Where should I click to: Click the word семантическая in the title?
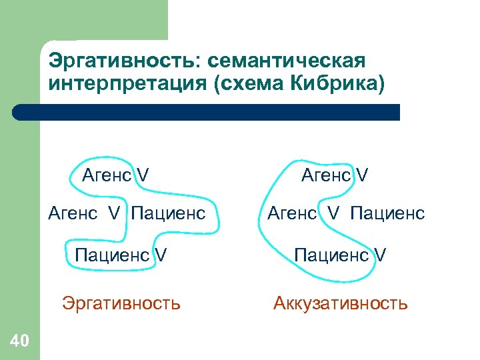pyautogui.click(x=287, y=61)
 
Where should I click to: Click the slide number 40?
pyautogui.click(x=19, y=341)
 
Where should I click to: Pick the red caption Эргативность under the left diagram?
pyautogui.click(x=121, y=303)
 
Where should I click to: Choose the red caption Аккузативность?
pyautogui.click(x=340, y=303)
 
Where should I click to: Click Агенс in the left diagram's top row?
pyautogui.click(x=106, y=175)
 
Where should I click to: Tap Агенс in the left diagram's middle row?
pyautogui.click(x=73, y=214)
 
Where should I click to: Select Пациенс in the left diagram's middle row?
pyautogui.click(x=167, y=214)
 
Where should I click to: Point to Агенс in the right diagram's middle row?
pyautogui.click(x=292, y=214)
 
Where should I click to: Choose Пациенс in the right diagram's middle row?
pyautogui.click(x=387, y=214)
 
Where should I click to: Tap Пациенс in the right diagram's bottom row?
pyautogui.click(x=331, y=255)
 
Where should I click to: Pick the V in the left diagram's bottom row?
pyautogui.click(x=161, y=255)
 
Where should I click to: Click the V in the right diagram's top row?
pyautogui.click(x=362, y=175)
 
